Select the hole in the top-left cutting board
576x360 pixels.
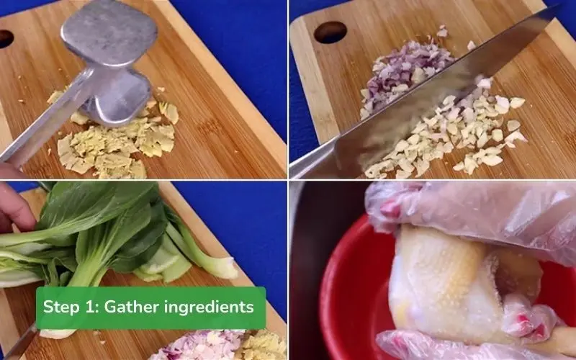click(5, 38)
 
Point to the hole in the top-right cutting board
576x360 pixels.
click(330, 32)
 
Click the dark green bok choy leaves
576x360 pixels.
click(108, 216)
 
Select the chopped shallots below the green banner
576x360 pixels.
click(194, 346)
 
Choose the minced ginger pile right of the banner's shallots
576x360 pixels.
click(263, 346)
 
